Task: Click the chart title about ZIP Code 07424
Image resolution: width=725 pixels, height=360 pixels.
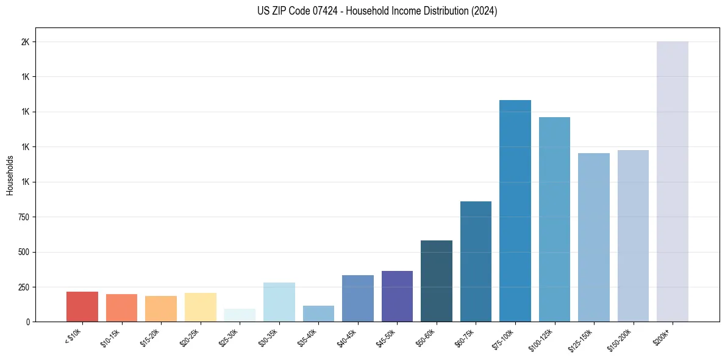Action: pos(377,11)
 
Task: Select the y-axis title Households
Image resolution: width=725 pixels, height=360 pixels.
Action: pos(10,175)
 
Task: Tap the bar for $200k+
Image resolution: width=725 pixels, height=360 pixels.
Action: pos(672,181)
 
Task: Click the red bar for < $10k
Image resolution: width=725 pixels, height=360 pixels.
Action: pos(82,306)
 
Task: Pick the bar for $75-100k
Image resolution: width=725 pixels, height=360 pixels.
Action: pos(515,211)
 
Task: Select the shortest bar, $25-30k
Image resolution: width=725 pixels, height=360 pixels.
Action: pos(239,315)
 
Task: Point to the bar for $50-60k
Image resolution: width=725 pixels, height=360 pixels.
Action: pos(436,281)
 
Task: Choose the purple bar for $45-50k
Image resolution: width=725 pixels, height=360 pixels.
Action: pos(397,296)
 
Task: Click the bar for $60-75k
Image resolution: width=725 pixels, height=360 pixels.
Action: pos(476,261)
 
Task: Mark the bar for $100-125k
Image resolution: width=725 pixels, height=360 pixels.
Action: pos(554,219)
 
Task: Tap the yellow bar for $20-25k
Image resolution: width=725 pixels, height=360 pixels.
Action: pos(200,307)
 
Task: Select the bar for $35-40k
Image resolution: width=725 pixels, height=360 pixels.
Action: pos(318,314)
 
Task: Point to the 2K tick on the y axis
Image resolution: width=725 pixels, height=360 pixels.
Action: pos(25,42)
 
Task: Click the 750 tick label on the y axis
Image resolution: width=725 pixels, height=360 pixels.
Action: pos(23,217)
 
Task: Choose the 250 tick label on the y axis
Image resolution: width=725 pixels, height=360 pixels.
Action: pos(23,287)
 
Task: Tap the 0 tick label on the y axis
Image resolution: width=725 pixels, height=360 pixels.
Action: pos(27,322)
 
